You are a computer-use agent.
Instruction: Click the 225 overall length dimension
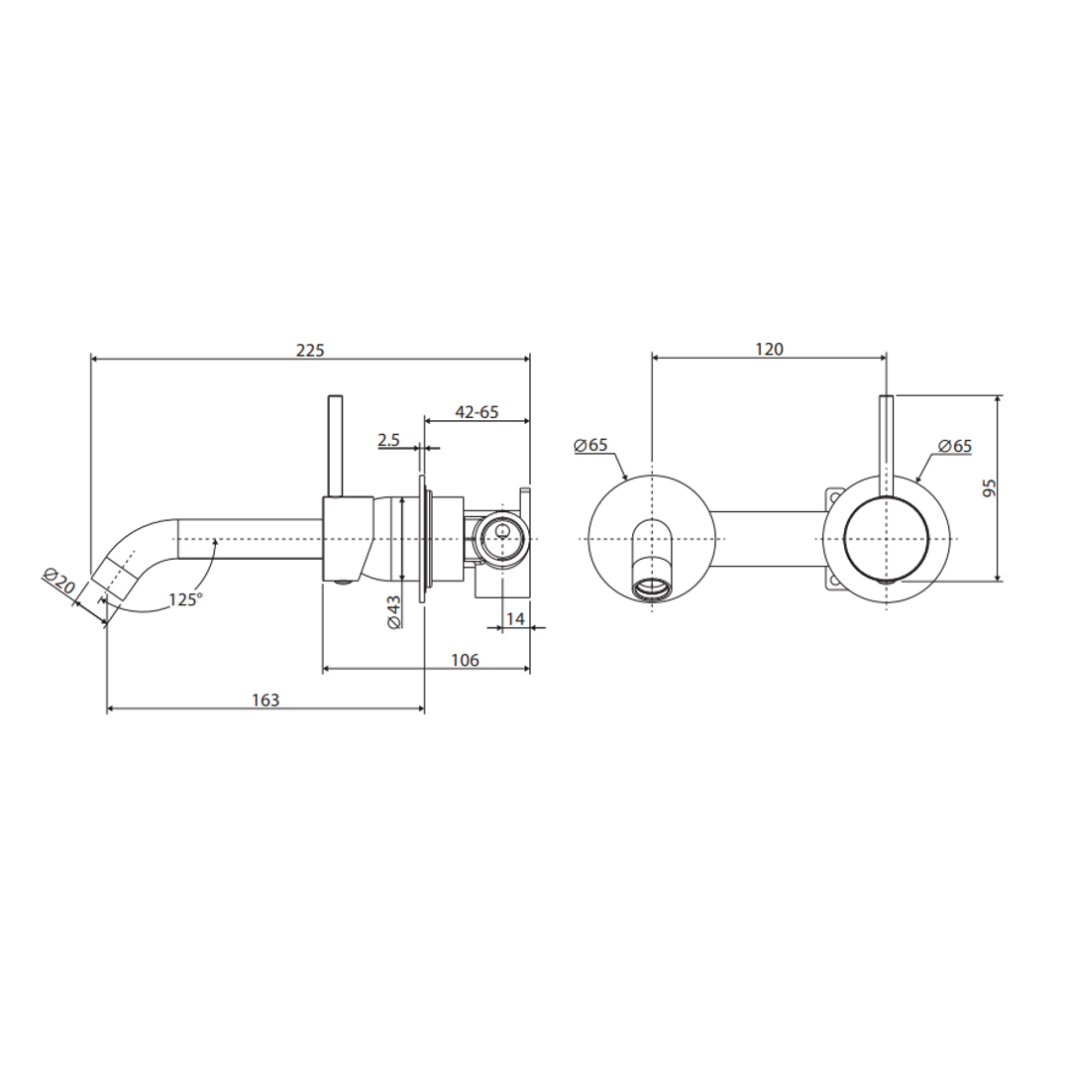310,350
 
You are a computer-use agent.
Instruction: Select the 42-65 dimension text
476,412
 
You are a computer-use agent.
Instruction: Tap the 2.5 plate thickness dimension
388,440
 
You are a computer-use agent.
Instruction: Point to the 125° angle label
185,599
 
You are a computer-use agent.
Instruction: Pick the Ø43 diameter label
392,611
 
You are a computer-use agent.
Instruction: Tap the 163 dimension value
265,699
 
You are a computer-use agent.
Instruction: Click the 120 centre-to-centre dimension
769,349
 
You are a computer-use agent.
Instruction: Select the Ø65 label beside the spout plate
590,445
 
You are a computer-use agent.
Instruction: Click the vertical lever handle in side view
336,446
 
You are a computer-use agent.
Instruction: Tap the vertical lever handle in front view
886,436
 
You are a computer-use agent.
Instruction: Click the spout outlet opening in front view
652,588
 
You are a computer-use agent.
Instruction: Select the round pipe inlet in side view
501,539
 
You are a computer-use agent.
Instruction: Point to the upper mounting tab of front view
834,493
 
